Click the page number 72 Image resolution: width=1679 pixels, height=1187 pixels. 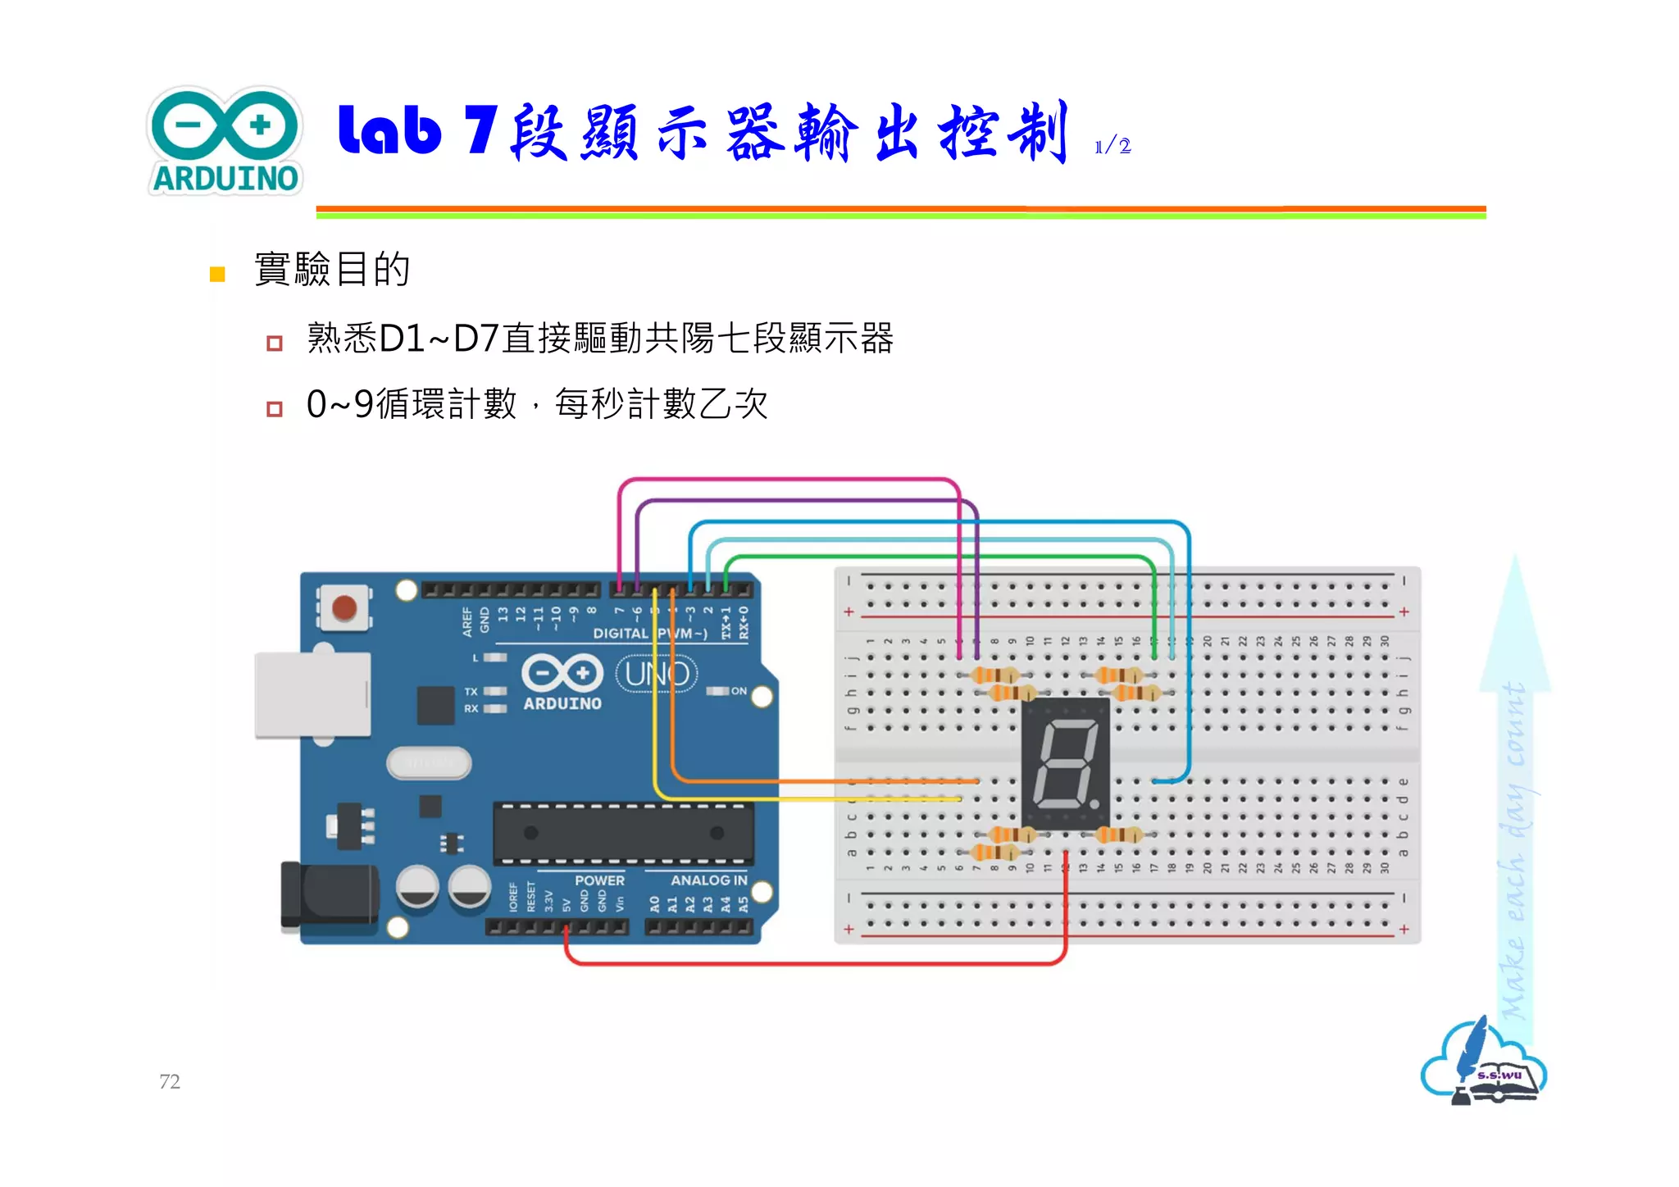click(x=170, y=1081)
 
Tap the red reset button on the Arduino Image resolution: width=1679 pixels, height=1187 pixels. click(x=344, y=608)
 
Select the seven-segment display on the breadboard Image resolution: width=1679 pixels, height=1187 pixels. click(x=1065, y=762)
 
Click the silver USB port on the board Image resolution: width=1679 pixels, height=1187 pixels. click(x=312, y=694)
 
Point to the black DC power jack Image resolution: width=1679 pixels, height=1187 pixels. click(x=328, y=896)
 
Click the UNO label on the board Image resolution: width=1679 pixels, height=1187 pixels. click(x=657, y=674)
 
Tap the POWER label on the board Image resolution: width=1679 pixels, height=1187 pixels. click(x=599, y=880)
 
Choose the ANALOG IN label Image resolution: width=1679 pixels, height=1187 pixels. click(x=708, y=880)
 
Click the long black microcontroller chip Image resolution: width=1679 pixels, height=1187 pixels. click(x=623, y=833)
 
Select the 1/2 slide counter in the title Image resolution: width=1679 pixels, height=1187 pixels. click(x=1113, y=147)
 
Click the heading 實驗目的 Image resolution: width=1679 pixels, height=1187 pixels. click(x=332, y=269)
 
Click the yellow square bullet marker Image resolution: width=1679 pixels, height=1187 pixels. click(x=217, y=274)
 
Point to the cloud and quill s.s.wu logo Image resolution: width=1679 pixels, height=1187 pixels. click(x=1483, y=1063)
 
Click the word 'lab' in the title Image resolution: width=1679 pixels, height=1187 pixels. click(x=389, y=131)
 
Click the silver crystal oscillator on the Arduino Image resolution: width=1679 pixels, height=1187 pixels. click(x=429, y=763)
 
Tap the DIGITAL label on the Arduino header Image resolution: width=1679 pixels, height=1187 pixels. click(x=621, y=634)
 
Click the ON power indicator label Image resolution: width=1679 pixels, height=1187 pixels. click(x=739, y=691)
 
